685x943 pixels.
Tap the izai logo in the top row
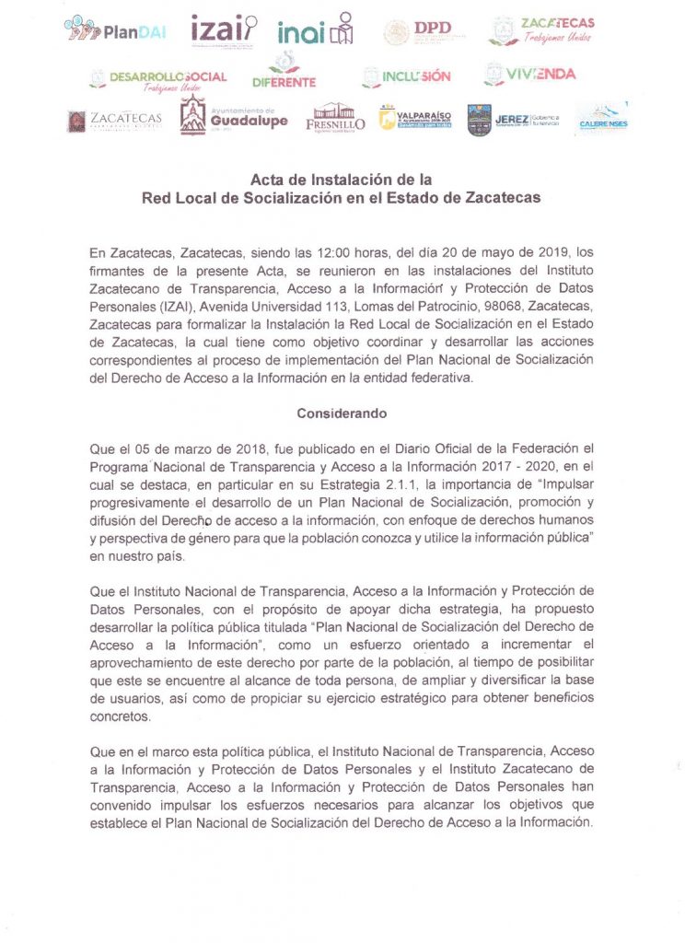(224, 31)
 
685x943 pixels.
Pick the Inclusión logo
(406, 76)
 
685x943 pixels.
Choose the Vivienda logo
(529, 74)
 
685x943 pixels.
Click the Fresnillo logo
(335, 118)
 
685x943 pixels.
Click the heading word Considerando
(342, 414)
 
